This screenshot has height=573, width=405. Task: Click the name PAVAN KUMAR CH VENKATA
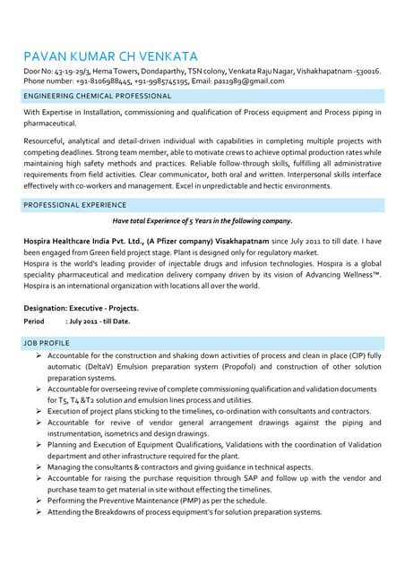point(110,56)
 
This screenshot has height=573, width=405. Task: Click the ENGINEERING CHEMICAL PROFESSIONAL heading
point(98,95)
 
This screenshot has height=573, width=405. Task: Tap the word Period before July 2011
point(34,321)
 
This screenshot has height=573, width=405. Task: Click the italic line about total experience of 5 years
point(202,220)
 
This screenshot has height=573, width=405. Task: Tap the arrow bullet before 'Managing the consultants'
point(39,467)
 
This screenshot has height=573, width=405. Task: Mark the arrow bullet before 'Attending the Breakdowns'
point(39,513)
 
